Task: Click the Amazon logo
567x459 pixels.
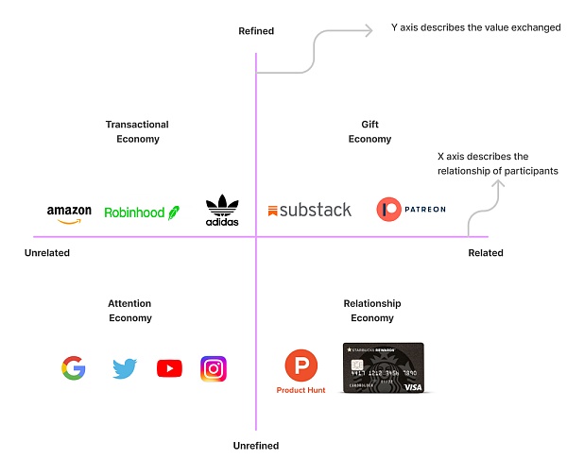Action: pos(69,214)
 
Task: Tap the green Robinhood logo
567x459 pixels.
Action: pos(141,213)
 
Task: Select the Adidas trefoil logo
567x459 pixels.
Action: pos(222,210)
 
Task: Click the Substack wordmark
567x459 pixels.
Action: pos(309,210)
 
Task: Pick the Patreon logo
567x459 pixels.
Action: pos(410,210)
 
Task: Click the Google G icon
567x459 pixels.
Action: pos(74,367)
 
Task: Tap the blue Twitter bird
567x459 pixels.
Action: pos(125,368)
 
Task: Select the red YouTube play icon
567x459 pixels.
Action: pos(169,368)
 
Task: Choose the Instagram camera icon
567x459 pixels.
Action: pos(214,368)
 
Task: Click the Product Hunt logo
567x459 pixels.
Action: pos(301,371)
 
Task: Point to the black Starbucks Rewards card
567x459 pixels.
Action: pos(383,367)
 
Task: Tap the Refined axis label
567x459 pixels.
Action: pos(256,31)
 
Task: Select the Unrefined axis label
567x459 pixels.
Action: pos(256,446)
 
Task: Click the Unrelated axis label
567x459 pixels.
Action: pos(47,253)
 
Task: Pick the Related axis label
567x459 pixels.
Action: pos(486,253)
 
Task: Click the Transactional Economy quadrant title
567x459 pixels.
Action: pos(137,131)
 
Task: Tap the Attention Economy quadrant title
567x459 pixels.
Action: pos(129,311)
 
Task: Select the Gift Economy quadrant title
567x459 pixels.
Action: pos(369,131)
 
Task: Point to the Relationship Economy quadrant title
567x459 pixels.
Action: pos(372,311)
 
